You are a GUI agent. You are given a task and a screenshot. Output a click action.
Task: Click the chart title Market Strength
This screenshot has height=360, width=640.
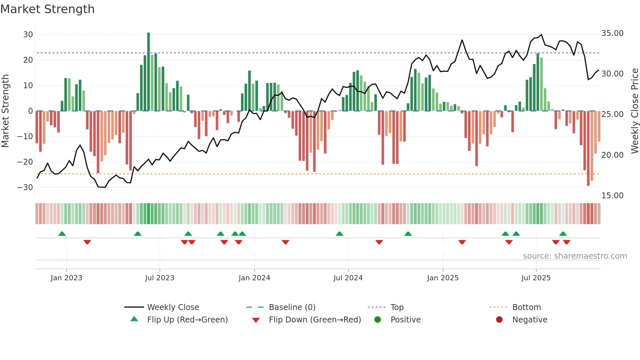[x=47, y=9]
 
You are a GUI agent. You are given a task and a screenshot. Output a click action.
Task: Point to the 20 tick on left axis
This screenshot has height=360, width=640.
[x=28, y=60]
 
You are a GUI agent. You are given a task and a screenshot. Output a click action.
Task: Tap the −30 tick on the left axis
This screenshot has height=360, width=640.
[x=25, y=188]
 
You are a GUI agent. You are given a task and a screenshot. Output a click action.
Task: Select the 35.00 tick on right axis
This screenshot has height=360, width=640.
[x=612, y=33]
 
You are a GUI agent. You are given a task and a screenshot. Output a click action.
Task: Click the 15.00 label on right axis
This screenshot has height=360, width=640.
[x=612, y=196]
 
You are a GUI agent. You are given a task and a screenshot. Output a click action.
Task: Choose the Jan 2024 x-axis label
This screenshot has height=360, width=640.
[x=254, y=278]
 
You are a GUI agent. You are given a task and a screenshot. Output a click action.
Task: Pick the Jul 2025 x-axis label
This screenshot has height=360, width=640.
[x=536, y=278]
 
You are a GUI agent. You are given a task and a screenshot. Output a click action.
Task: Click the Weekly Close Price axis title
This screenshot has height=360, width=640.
[x=634, y=111]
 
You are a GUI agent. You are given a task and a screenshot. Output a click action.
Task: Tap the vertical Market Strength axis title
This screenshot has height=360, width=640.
[x=6, y=111]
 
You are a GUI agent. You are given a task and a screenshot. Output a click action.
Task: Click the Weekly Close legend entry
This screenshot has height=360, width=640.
[x=173, y=307]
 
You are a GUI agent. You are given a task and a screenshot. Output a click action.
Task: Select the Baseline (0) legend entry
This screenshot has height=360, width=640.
[x=292, y=307]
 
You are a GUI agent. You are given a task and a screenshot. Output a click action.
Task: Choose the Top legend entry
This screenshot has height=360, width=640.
[x=397, y=307]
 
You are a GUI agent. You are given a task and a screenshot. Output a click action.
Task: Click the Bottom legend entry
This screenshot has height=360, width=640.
[x=526, y=307]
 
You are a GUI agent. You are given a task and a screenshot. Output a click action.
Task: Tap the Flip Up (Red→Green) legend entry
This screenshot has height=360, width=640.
[x=187, y=320]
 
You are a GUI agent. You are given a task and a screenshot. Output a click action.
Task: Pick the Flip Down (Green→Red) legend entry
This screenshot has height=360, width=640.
[x=315, y=320]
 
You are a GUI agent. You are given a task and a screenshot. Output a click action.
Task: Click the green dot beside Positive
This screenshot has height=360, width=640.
[x=378, y=320]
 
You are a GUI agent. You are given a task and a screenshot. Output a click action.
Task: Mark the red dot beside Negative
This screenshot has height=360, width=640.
[x=499, y=320]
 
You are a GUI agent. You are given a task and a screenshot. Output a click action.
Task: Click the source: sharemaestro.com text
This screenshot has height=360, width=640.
[x=575, y=256]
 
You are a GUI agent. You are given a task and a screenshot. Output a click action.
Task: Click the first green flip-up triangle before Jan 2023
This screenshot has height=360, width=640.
[x=62, y=234]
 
